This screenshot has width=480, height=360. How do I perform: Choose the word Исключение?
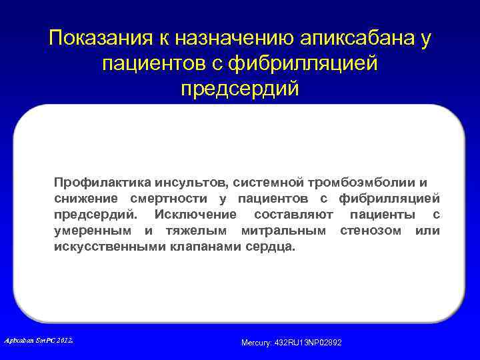pyautogui.click(x=195, y=214)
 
